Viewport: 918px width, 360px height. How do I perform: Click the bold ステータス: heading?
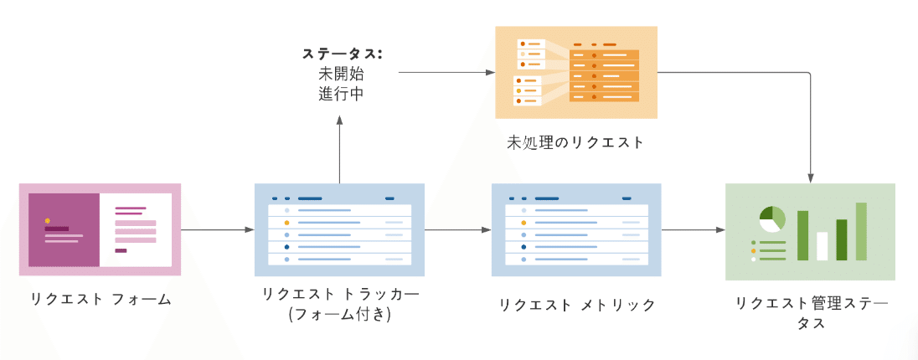click(x=343, y=54)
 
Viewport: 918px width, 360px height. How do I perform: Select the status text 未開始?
click(x=339, y=75)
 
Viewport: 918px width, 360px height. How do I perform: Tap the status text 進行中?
click(x=339, y=95)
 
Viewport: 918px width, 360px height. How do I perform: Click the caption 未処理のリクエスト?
click(x=575, y=142)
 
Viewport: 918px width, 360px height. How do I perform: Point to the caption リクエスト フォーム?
click(x=101, y=300)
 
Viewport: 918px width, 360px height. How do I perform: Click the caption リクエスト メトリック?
click(x=576, y=305)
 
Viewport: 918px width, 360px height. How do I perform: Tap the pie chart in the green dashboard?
click(x=772, y=219)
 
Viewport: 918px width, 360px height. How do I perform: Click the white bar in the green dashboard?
click(x=822, y=246)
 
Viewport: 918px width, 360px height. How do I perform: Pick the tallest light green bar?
click(x=861, y=231)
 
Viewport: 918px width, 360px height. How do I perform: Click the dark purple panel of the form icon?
click(x=64, y=230)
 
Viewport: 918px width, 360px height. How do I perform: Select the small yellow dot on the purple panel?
click(x=48, y=221)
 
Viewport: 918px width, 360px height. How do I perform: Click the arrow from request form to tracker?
click(x=218, y=230)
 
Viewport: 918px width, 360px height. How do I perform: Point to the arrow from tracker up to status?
click(x=339, y=149)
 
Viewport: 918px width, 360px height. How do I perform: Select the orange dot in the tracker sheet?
click(x=286, y=223)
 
